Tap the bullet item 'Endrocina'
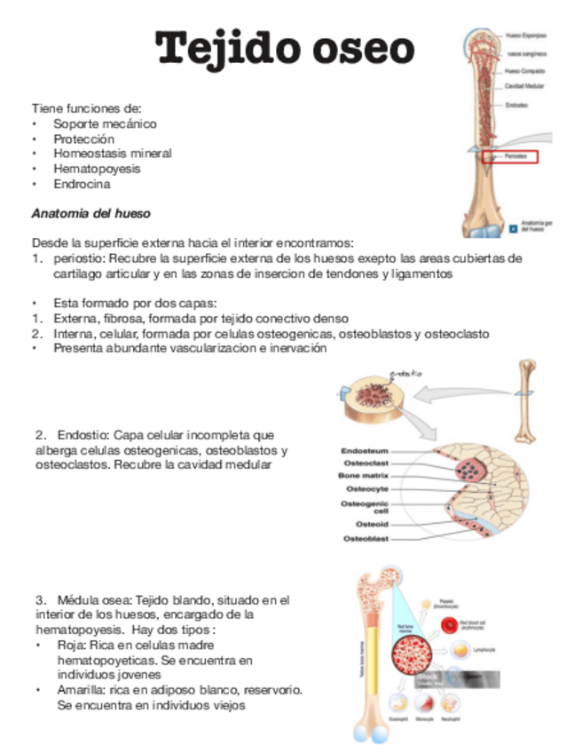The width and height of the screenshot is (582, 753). tap(82, 185)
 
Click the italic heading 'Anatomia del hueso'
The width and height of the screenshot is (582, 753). tap(90, 214)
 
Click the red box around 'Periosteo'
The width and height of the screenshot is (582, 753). tap(529, 156)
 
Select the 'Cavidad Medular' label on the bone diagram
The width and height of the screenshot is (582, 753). tap(525, 86)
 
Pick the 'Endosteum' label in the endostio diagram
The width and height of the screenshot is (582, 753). tap(368, 450)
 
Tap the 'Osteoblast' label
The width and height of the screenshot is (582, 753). tap(366, 539)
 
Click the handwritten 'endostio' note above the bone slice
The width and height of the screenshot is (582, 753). tap(406, 371)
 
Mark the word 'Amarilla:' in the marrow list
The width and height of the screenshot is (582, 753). tap(80, 690)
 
